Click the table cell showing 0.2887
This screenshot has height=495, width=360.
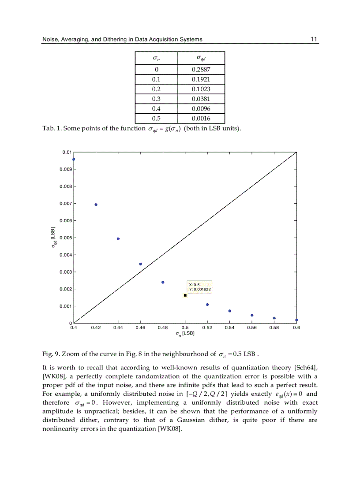(201, 70)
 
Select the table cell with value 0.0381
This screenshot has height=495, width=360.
(201, 99)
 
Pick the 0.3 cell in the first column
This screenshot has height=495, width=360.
(156, 99)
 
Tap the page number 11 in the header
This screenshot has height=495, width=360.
(314, 39)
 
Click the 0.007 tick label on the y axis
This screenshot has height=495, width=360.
(66, 204)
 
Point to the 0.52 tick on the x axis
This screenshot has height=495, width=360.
(207, 328)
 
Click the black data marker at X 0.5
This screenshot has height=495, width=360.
(185, 295)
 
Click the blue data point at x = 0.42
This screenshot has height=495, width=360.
(96, 205)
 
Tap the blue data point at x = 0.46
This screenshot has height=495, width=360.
(140, 264)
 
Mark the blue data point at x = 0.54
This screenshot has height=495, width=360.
(229, 311)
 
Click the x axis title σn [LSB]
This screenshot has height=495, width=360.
(185, 334)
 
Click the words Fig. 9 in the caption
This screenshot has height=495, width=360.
(50, 354)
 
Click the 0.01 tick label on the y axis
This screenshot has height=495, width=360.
(67, 152)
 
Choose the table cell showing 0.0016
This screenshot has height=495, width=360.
(201, 118)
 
